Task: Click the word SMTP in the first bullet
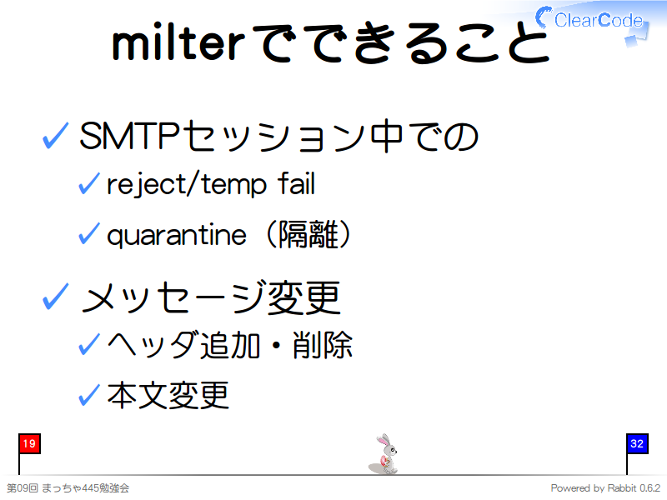click(128, 136)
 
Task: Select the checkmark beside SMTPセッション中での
click(56, 136)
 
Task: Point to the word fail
click(297, 183)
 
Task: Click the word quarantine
click(177, 235)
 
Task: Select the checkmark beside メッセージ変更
click(56, 297)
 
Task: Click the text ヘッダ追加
click(183, 345)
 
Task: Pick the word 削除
click(323, 345)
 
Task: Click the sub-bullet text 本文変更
click(168, 395)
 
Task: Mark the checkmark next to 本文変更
click(89, 394)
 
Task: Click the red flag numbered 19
click(29, 444)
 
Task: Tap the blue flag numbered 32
click(637, 444)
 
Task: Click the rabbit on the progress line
click(384, 454)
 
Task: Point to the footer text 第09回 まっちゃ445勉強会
click(68, 488)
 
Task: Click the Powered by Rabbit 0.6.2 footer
click(605, 488)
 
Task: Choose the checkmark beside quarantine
click(89, 233)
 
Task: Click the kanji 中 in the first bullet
click(387, 136)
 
